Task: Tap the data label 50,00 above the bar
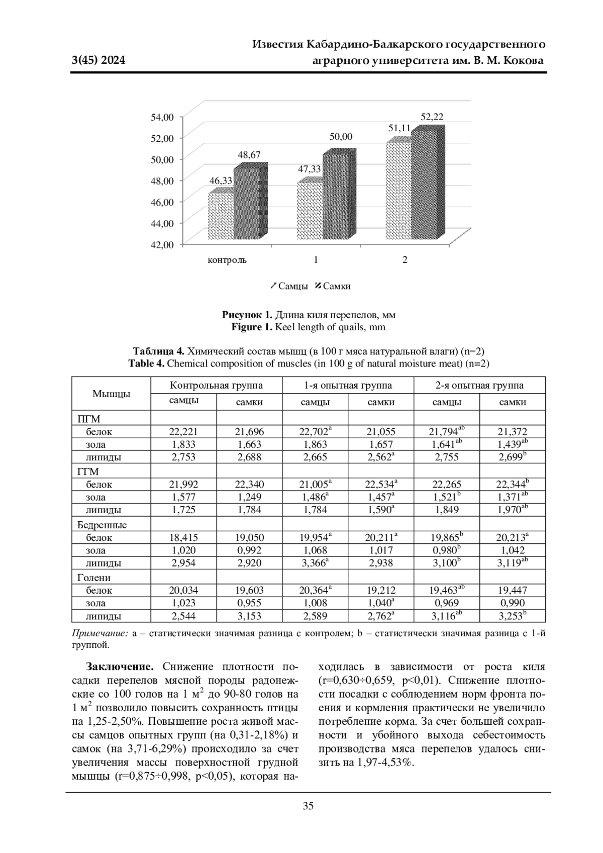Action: click(x=341, y=137)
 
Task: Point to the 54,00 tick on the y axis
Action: click(x=162, y=117)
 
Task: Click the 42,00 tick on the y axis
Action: click(x=162, y=245)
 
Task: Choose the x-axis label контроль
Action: click(x=227, y=260)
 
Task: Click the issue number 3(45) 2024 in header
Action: click(x=98, y=61)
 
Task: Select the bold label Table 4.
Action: click(x=146, y=363)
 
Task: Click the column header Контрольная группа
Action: click(x=216, y=386)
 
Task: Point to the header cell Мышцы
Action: click(x=111, y=394)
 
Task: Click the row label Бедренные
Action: click(x=102, y=525)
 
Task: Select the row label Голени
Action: click(x=94, y=578)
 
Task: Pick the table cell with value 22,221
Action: click(x=183, y=431)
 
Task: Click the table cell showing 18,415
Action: click(x=183, y=537)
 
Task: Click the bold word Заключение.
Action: click(x=120, y=667)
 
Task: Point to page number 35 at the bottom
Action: click(x=308, y=806)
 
